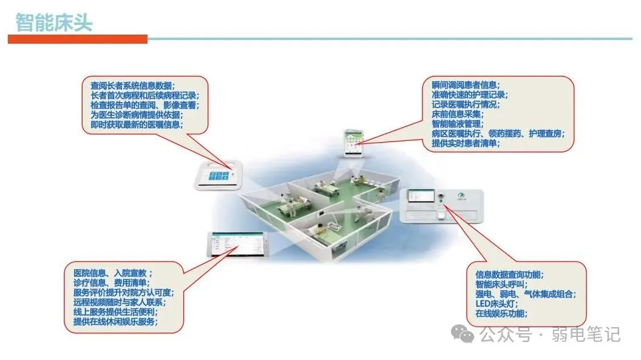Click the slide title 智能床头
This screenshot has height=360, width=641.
tap(54, 22)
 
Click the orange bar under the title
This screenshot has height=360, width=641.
tap(78, 39)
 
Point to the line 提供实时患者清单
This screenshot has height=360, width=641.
tap(464, 144)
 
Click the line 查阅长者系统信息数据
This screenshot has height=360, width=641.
tap(132, 86)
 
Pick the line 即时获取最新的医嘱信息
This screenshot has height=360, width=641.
tap(136, 124)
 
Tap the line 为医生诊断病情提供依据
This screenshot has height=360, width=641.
tap(136, 115)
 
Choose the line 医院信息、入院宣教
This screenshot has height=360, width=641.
tap(113, 273)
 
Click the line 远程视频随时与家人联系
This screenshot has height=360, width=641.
tap(118, 302)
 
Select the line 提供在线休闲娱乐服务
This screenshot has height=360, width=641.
tap(115, 322)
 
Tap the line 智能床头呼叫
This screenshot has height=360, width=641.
tap(501, 284)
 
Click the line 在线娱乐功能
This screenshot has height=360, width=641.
tap(501, 313)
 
